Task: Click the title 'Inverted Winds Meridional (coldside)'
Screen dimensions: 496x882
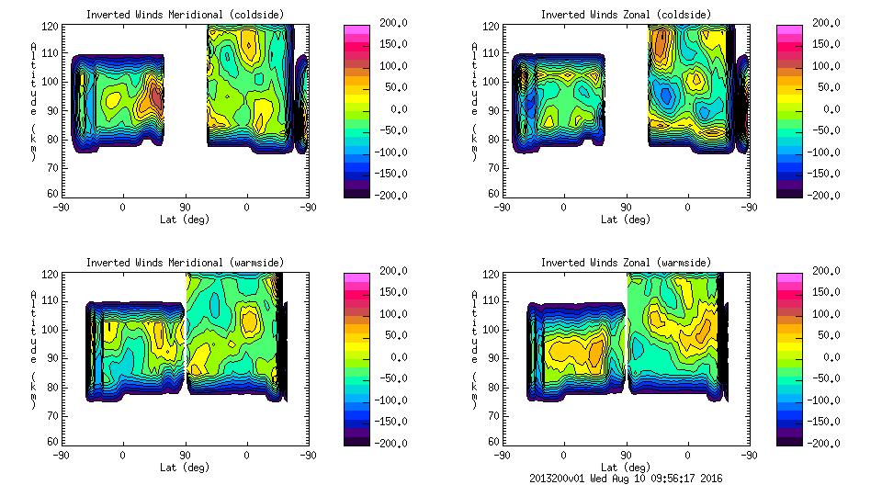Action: pos(185,15)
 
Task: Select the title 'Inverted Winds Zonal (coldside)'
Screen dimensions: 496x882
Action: pos(625,15)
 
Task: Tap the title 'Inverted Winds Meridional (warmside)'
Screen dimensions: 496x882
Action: pos(185,263)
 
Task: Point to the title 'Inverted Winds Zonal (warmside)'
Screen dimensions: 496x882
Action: pos(625,263)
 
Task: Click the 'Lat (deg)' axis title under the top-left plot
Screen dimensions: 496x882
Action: pos(185,220)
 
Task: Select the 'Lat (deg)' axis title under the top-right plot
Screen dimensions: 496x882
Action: pos(625,220)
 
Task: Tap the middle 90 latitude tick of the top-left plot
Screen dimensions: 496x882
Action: pos(185,207)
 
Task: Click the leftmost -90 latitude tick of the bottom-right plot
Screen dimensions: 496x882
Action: pos(502,455)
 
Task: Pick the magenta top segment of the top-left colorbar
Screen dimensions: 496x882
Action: pos(357,29)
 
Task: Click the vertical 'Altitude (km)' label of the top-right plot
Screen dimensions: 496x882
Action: pos(473,101)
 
